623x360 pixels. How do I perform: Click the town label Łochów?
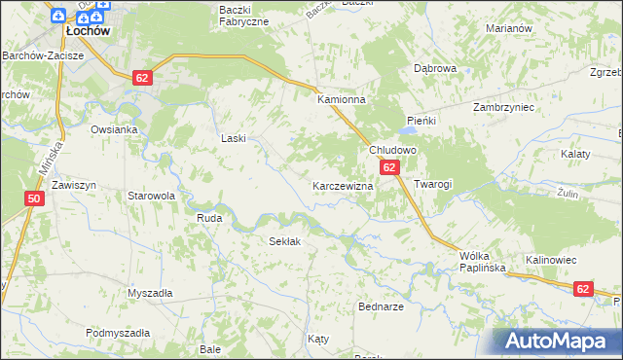pyautogui.click(x=86, y=31)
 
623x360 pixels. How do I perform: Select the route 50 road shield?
pyautogui.click(x=34, y=198)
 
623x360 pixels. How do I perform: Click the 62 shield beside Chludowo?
pyautogui.click(x=389, y=168)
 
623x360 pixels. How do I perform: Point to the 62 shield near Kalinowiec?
pyautogui.click(x=583, y=288)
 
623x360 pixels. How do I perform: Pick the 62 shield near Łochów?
pyautogui.click(x=142, y=78)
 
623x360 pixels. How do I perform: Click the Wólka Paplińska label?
pyautogui.click(x=479, y=263)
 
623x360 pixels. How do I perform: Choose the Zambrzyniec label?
pyautogui.click(x=504, y=107)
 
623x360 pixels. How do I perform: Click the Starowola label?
pyautogui.click(x=151, y=196)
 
